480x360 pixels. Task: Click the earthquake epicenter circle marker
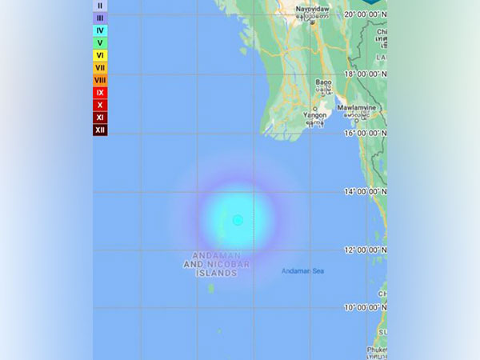238,220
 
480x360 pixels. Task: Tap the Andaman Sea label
302,271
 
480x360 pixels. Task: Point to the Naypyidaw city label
312,10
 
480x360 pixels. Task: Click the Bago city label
323,82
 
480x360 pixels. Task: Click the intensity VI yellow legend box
100,55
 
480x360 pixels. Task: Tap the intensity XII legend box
100,130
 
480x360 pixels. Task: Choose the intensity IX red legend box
100,93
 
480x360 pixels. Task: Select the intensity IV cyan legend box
100,30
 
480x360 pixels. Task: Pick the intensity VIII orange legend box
100,80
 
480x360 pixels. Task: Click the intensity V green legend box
100,42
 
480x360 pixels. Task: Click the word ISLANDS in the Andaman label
217,273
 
